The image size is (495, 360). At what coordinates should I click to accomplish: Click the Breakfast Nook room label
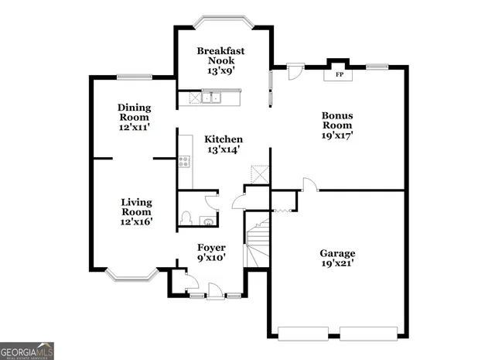(220, 51)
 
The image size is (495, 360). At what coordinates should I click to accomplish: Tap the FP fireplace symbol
(339, 75)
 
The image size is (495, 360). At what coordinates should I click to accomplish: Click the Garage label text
(338, 253)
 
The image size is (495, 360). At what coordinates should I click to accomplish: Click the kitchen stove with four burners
(184, 161)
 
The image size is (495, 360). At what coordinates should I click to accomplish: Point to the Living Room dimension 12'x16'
(135, 221)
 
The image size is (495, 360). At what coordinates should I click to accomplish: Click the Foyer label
(210, 248)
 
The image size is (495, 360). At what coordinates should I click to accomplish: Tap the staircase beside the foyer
(258, 240)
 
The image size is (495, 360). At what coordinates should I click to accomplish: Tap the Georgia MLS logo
(27, 351)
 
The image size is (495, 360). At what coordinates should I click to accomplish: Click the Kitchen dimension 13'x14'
(223, 150)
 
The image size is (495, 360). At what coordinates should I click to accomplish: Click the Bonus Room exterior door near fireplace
(295, 71)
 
